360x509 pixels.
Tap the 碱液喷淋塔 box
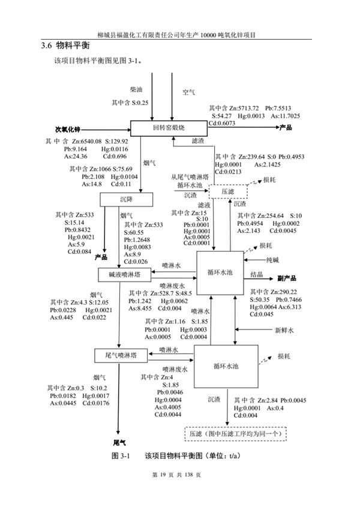(124, 274)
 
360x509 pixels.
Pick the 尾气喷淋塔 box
(120, 355)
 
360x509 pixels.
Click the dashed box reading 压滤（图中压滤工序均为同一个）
(236, 433)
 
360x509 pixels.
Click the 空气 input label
(189, 92)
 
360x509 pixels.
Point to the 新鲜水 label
(284, 330)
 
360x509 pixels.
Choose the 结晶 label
(256, 274)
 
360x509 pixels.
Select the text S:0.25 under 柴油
(137, 103)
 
